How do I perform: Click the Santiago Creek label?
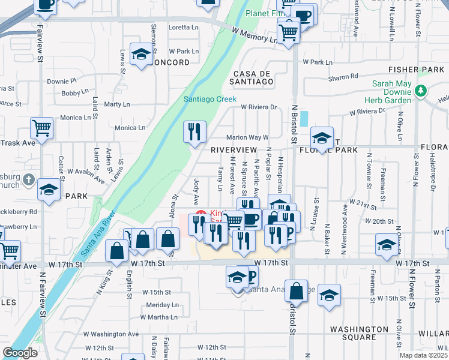(x=209, y=99)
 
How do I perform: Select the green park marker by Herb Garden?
(x=421, y=91)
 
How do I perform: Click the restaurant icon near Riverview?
(x=194, y=132)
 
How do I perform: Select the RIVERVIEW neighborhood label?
(x=234, y=149)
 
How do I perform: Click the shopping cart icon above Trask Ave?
(x=41, y=127)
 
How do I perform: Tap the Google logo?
(x=20, y=353)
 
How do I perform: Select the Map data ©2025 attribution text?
(x=423, y=355)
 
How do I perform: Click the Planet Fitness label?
(x=264, y=14)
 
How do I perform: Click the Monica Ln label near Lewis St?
(x=130, y=127)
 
